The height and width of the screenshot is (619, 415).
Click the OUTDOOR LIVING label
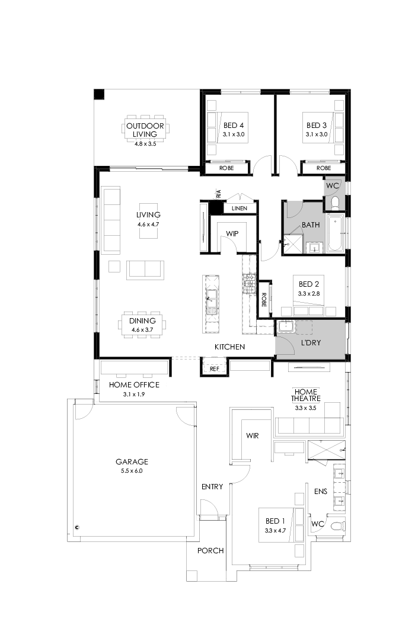pyautogui.click(x=145, y=130)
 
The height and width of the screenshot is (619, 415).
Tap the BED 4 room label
pyautogui.click(x=234, y=126)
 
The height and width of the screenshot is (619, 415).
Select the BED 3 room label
pyautogui.click(x=317, y=126)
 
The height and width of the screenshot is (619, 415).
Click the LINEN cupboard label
pyautogui.click(x=240, y=209)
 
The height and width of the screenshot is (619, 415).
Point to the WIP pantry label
pyautogui.click(x=232, y=234)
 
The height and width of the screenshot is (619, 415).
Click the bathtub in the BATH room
pyautogui.click(x=334, y=236)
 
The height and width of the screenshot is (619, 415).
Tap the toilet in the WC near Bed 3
pyautogui.click(x=335, y=203)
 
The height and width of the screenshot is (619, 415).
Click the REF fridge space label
pyautogui.click(x=215, y=368)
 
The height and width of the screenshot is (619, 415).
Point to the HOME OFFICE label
pyautogui.click(x=133, y=385)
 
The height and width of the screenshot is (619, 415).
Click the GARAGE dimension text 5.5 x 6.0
pyautogui.click(x=132, y=471)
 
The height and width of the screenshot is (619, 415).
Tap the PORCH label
pyautogui.click(x=210, y=551)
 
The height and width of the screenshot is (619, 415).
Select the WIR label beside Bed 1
pyautogui.click(x=253, y=436)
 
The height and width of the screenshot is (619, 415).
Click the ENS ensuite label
pyautogui.click(x=320, y=490)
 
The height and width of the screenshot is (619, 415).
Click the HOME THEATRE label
pyautogui.click(x=306, y=395)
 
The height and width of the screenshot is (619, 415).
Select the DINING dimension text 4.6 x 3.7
pyautogui.click(x=142, y=329)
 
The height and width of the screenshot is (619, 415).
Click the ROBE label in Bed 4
pyautogui.click(x=226, y=168)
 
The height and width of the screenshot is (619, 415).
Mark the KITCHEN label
pyautogui.click(x=229, y=347)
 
